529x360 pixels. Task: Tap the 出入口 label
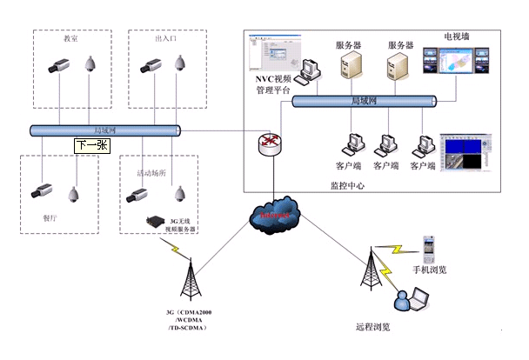(x=165, y=40)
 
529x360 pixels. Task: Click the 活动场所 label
(x=152, y=173)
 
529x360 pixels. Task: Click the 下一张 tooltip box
(x=91, y=146)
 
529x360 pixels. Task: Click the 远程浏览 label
(x=372, y=327)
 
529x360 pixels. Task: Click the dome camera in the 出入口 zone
(x=181, y=63)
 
